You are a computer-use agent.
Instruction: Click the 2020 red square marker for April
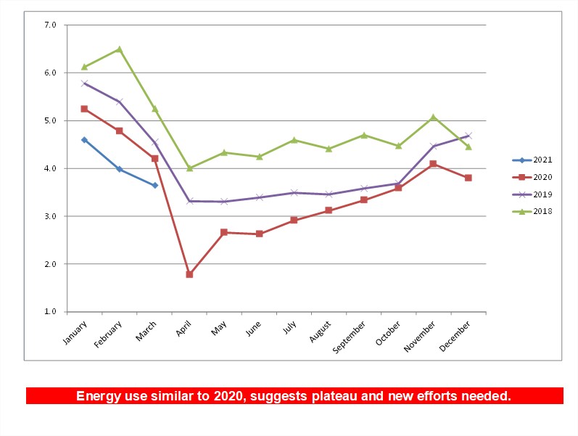pyautogui.click(x=189, y=274)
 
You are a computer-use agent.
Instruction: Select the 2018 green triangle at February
pyautogui.click(x=120, y=49)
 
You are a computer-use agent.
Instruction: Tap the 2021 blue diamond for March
pyautogui.click(x=154, y=185)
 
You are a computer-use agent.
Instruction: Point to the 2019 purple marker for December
pyautogui.click(x=468, y=136)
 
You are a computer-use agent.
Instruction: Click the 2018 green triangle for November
pyautogui.click(x=433, y=118)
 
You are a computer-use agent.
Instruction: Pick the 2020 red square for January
pyautogui.click(x=84, y=109)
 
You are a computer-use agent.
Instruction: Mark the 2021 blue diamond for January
pyautogui.click(x=84, y=140)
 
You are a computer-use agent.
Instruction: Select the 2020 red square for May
pyautogui.click(x=224, y=232)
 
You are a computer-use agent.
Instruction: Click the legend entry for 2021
pyautogui.click(x=532, y=160)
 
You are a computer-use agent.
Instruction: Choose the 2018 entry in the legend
pyautogui.click(x=532, y=211)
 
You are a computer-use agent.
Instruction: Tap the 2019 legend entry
pyautogui.click(x=532, y=194)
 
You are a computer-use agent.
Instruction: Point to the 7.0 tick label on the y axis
pyautogui.click(x=50, y=25)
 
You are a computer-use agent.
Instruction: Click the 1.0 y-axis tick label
pyautogui.click(x=50, y=312)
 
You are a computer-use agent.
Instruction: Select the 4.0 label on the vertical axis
pyautogui.click(x=50, y=168)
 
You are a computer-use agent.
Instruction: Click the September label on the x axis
pyautogui.click(x=349, y=337)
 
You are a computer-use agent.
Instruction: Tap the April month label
pyautogui.click(x=183, y=329)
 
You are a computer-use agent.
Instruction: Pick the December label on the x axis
pyautogui.click(x=455, y=336)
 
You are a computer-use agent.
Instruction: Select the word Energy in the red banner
pyautogui.click(x=99, y=396)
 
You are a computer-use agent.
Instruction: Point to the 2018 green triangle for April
pyautogui.click(x=189, y=168)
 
